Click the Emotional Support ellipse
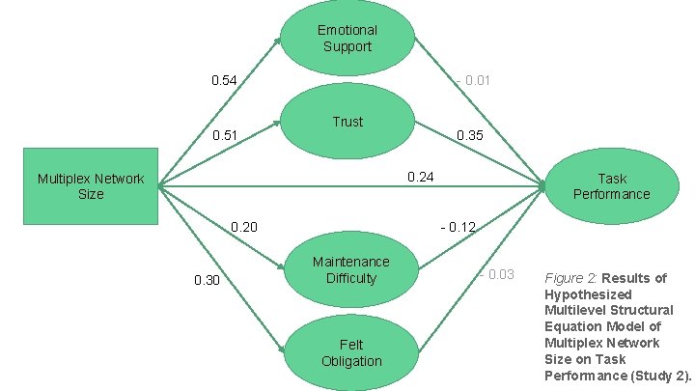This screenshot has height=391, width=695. (x=347, y=39)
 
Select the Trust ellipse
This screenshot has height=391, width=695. (x=347, y=122)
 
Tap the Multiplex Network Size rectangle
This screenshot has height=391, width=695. (x=91, y=185)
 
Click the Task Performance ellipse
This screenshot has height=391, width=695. (x=611, y=185)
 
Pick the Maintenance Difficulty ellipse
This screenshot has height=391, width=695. (x=350, y=269)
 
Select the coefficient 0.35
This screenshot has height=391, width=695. (x=470, y=135)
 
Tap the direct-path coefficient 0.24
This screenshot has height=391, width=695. (x=422, y=177)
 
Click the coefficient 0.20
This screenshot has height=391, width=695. (x=244, y=227)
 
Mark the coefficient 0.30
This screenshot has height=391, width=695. (x=208, y=281)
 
